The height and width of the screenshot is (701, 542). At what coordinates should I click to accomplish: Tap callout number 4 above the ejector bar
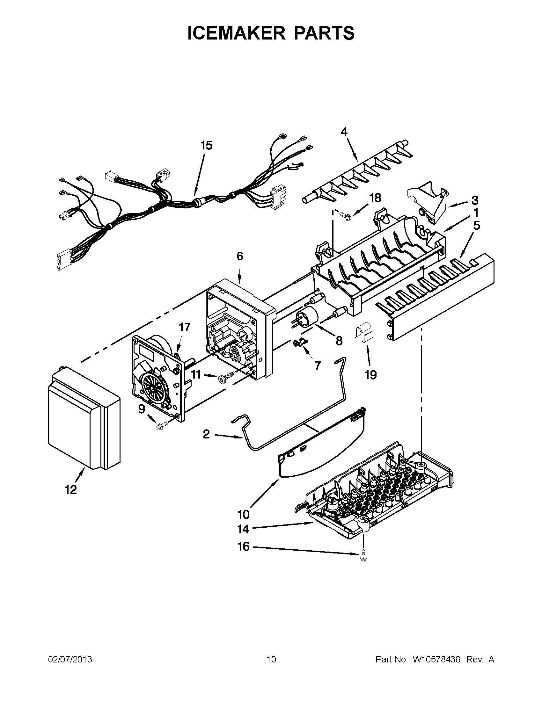click(x=344, y=132)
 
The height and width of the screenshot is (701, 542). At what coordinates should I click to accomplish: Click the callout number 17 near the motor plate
click(x=185, y=327)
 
